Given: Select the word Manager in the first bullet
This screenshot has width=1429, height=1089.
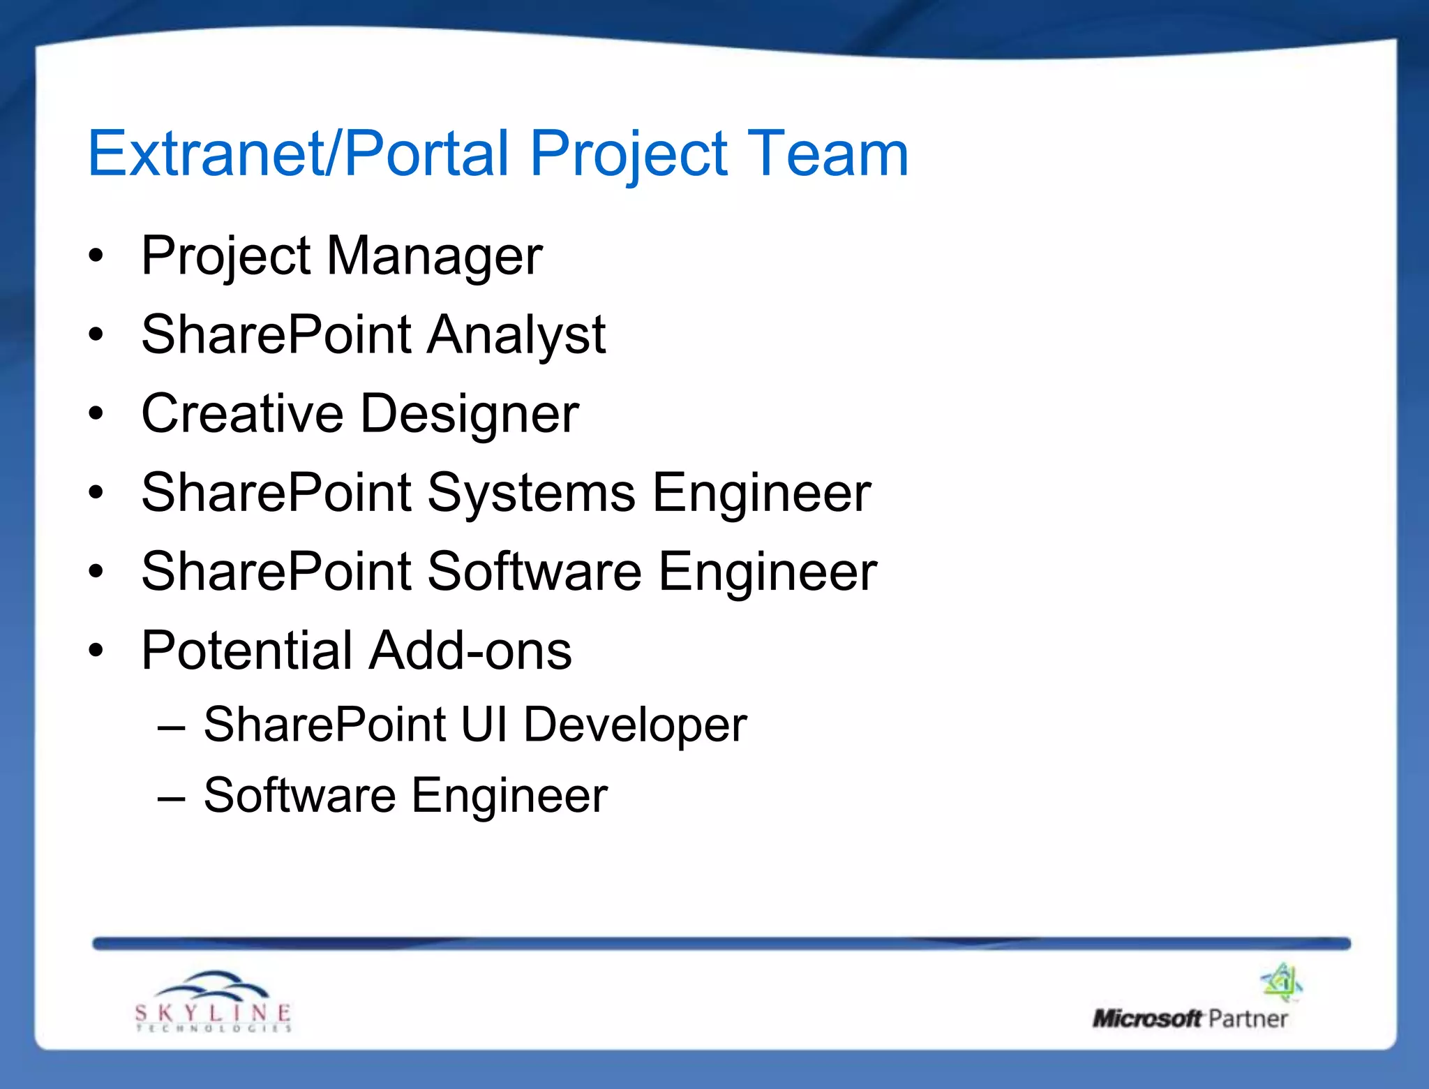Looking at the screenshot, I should (434, 256).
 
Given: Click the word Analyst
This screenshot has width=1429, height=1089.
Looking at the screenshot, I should (516, 335).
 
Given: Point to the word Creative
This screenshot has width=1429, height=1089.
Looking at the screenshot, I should (242, 413).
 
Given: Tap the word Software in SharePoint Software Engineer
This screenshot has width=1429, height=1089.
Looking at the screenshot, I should (534, 572).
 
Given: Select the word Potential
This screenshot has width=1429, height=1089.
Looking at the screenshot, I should (246, 651).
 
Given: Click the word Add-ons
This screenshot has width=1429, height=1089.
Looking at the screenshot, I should (471, 651).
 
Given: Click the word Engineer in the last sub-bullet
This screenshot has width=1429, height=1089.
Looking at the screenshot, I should (509, 797).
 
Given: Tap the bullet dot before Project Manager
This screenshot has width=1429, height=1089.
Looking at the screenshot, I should (96, 256).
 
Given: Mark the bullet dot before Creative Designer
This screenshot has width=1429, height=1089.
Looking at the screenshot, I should (96, 414).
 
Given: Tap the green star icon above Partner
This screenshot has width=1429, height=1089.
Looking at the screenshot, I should (1281, 981).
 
